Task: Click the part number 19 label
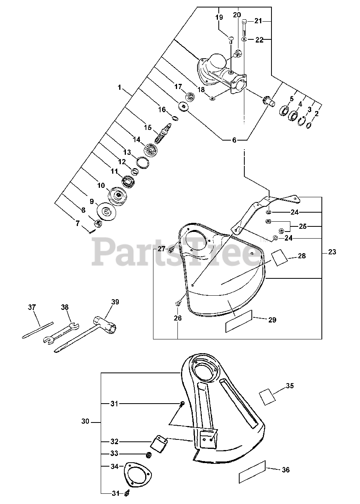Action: coord(219,17)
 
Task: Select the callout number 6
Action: coord(234,140)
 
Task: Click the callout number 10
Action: coord(101,185)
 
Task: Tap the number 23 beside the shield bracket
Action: coord(332,252)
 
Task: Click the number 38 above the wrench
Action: coord(65,307)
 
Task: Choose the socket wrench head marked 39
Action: coord(109,325)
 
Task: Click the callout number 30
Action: coord(85,422)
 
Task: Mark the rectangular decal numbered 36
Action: coord(253,472)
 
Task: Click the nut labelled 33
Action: coord(149,455)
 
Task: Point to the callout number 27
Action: coord(162,248)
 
